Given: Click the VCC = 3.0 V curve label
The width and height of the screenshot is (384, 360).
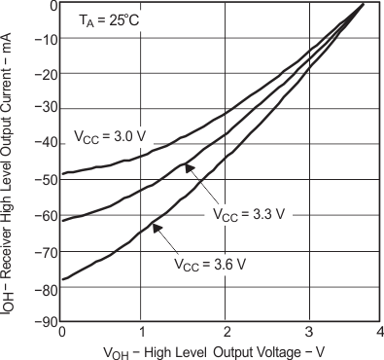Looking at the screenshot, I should click(x=108, y=136).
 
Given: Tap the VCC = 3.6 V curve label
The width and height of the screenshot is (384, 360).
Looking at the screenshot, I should click(x=211, y=263).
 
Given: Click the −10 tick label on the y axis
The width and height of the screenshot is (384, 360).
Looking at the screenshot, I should click(x=45, y=41).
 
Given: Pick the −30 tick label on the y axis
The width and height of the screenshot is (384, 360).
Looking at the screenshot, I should click(x=45, y=111).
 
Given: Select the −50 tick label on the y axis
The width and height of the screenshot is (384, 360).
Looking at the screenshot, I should click(x=45, y=181).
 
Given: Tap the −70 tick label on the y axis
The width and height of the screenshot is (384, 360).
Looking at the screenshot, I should click(x=45, y=251).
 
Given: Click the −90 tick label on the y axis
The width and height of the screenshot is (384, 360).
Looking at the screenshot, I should click(x=45, y=321).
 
